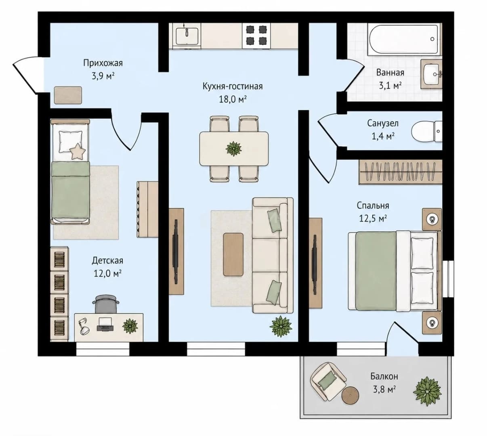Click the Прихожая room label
[x=103, y=63]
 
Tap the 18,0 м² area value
[x=233, y=99]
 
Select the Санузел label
[x=383, y=123]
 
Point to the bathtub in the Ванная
[x=405, y=39]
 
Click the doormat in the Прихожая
[x=68, y=95]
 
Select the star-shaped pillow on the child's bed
[x=78, y=151]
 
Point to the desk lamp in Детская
[x=84, y=326]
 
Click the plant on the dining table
[x=233, y=149]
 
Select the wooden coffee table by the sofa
[x=233, y=254]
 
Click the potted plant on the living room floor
[x=281, y=327]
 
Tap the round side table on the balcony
[x=351, y=395]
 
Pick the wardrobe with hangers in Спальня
[x=401, y=172]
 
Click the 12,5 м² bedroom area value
[x=373, y=218]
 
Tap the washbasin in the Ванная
[x=431, y=74]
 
